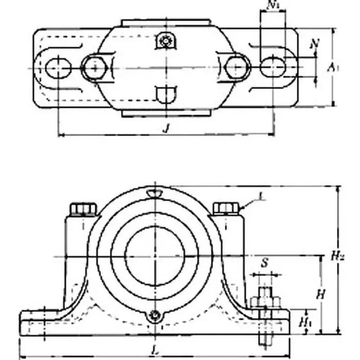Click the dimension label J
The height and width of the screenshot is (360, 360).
coord(166,128)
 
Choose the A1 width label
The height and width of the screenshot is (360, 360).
coord(332,67)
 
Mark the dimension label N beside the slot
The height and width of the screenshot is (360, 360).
coord(315,44)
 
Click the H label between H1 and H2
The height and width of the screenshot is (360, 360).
coord(320,295)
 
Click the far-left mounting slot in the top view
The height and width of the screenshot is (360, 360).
coord(58,67)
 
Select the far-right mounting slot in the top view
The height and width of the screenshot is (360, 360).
coord(273,67)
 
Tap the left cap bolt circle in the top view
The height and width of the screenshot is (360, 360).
coord(94,67)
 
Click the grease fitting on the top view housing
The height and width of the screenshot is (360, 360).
coord(166,42)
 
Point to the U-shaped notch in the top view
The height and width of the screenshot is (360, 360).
coord(166,94)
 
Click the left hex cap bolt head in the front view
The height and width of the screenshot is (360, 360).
coord(83,209)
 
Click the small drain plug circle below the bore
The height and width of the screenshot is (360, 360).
coord(155,316)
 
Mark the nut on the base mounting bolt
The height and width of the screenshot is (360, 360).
coord(265,301)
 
